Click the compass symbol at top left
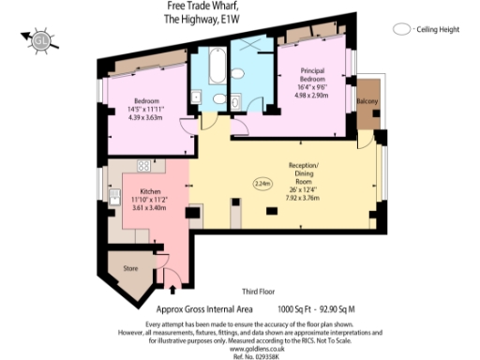tap(40, 40)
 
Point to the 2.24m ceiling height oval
tap(262, 184)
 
